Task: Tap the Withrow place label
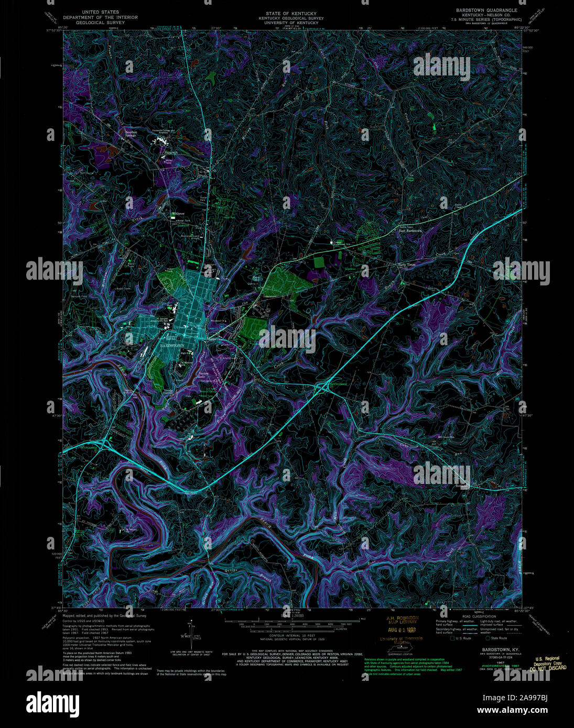click(178, 214)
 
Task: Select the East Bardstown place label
click(410, 230)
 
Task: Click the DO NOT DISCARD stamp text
click(547, 668)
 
